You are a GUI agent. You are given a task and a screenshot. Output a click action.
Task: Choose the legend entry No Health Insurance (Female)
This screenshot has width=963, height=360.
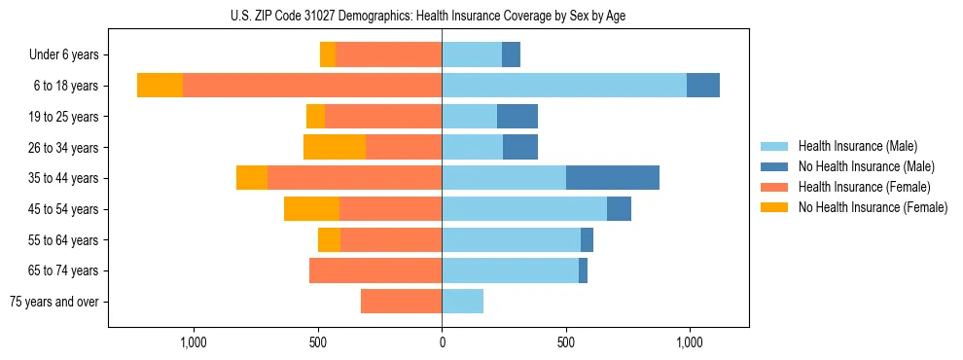872,207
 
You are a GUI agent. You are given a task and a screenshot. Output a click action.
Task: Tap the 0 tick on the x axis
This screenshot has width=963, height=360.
442,342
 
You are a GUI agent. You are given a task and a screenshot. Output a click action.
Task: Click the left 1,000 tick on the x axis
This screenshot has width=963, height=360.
194,342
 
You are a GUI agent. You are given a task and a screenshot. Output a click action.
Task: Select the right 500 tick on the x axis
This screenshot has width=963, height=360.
566,342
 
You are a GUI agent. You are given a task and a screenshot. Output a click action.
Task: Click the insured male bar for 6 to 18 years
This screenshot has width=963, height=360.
564,86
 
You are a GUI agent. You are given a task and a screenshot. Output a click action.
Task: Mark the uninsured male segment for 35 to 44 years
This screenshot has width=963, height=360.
613,178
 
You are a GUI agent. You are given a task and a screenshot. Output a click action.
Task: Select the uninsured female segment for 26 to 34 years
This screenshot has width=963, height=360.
335,147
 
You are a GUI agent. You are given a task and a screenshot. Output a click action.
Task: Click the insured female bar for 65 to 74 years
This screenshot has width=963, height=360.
375,270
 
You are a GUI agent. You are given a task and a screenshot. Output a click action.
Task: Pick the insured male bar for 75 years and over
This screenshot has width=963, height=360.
462,302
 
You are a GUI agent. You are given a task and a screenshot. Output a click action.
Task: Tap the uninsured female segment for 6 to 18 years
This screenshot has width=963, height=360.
160,86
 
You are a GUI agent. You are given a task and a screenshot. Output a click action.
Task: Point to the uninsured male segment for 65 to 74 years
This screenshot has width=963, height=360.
583,270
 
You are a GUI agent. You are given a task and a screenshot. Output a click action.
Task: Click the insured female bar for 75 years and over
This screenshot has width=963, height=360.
401,302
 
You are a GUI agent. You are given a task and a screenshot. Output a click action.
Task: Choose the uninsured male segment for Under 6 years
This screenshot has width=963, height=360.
511,55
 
